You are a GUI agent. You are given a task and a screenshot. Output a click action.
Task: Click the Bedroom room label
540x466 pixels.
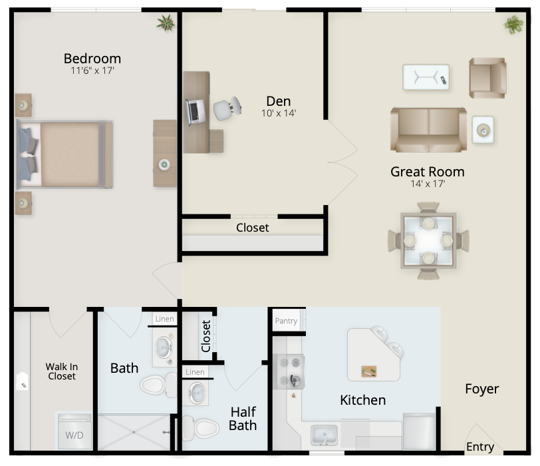(x=92, y=59)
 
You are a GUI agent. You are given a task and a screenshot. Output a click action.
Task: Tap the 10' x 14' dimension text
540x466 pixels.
(x=279, y=113)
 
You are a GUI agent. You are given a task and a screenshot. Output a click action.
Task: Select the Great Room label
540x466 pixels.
(x=428, y=172)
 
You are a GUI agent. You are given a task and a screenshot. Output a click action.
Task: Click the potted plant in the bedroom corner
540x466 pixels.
(x=166, y=23)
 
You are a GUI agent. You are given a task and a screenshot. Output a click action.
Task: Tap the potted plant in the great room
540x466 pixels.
(x=514, y=25)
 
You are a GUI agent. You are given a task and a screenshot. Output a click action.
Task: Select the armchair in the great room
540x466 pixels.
(x=487, y=78)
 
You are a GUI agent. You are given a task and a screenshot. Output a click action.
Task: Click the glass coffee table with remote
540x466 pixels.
(x=426, y=77)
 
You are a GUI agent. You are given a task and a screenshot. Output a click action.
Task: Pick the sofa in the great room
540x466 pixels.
(x=428, y=130)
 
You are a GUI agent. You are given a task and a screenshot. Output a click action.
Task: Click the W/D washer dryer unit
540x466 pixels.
(x=74, y=431)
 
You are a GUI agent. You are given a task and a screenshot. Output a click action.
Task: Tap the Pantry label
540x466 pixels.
(x=286, y=321)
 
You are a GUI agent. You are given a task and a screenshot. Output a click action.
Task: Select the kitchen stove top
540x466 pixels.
(x=289, y=371)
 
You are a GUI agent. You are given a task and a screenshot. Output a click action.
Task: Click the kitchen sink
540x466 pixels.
(x=324, y=435)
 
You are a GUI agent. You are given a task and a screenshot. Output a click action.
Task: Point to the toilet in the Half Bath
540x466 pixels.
(x=201, y=429)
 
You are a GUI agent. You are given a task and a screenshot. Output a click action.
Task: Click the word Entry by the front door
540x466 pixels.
(x=480, y=447)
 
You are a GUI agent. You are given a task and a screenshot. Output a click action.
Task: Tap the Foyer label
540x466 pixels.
(x=481, y=389)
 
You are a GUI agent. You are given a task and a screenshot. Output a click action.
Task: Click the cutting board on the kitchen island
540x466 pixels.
(x=369, y=371)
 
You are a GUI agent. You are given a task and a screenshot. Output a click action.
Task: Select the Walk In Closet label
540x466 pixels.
(x=62, y=371)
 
